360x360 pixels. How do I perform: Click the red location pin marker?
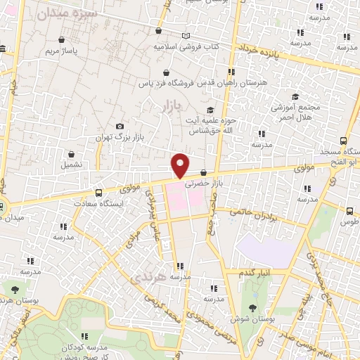click(x=181, y=165)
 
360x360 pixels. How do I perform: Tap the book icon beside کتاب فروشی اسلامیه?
click(x=186, y=36)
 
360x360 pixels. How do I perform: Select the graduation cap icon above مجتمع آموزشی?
click(x=296, y=96)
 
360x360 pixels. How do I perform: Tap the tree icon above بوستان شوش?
click(x=252, y=307)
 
